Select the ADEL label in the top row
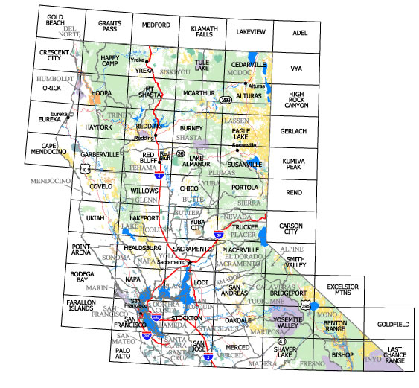[299, 34]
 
